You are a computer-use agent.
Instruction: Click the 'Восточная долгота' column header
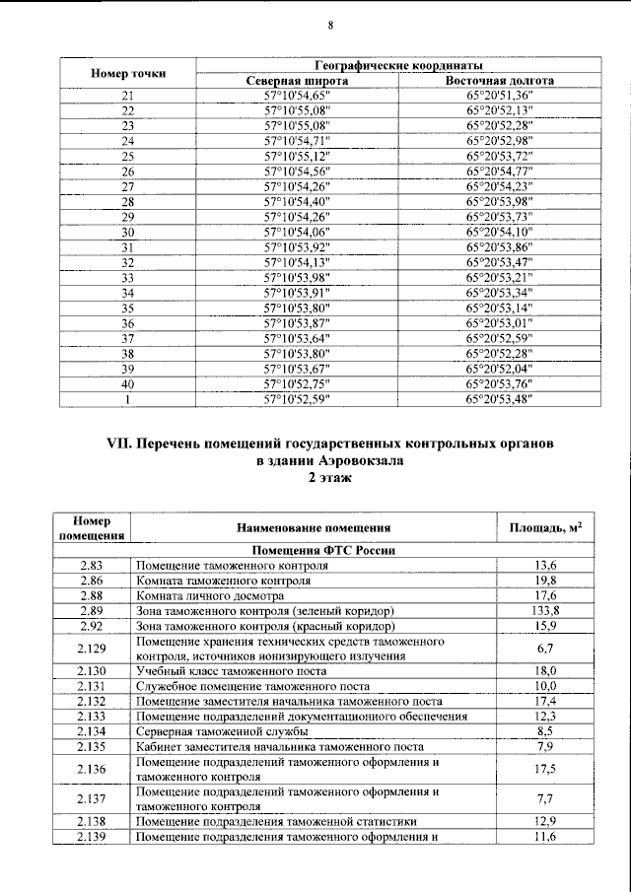click(500, 80)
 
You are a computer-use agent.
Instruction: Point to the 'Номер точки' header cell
click(128, 73)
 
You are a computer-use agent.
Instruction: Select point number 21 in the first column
click(127, 96)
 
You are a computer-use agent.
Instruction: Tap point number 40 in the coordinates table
click(127, 383)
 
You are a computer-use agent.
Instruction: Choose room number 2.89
click(91, 611)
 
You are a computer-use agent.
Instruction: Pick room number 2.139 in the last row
click(91, 837)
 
